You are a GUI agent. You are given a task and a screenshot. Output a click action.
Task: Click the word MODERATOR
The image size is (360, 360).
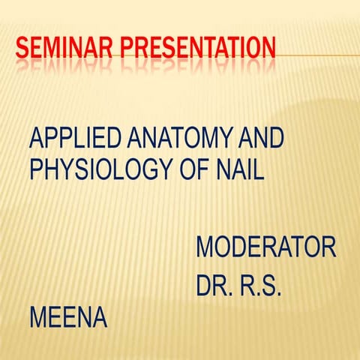point(265,247)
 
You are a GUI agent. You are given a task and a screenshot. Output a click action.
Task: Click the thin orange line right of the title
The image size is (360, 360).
point(315,55)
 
